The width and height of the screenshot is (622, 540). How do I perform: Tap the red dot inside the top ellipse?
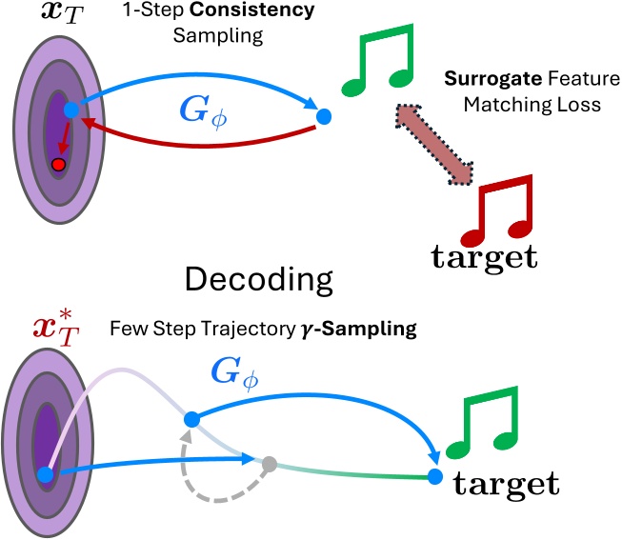[x=59, y=165]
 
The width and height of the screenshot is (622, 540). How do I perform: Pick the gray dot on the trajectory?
[x=270, y=464]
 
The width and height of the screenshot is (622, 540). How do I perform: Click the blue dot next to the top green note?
[x=323, y=117]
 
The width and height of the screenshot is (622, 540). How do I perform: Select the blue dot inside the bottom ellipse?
[x=44, y=474]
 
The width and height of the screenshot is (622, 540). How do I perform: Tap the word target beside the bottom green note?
[x=505, y=483]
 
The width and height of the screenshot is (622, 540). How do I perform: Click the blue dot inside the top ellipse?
[x=70, y=110]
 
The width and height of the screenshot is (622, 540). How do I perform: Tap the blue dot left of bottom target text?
[x=435, y=475]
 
